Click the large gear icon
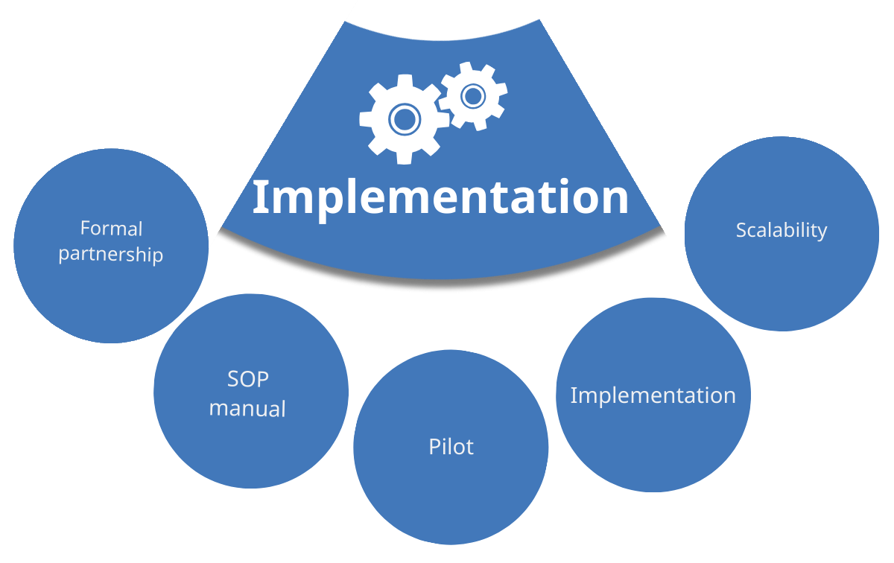click(x=405, y=119)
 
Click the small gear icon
click(x=473, y=96)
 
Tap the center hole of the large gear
click(x=405, y=119)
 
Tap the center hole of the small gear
click(x=473, y=96)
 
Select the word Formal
click(x=111, y=229)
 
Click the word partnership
click(x=111, y=255)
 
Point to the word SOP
click(x=248, y=379)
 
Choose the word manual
click(x=247, y=409)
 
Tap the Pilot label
click(x=451, y=447)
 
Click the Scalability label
click(x=782, y=231)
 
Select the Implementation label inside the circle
click(x=653, y=396)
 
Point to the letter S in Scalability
click(x=741, y=230)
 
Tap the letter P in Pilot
click(x=434, y=447)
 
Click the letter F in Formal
click(x=86, y=228)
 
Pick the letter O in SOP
click(x=247, y=379)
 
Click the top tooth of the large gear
click(x=405, y=80)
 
